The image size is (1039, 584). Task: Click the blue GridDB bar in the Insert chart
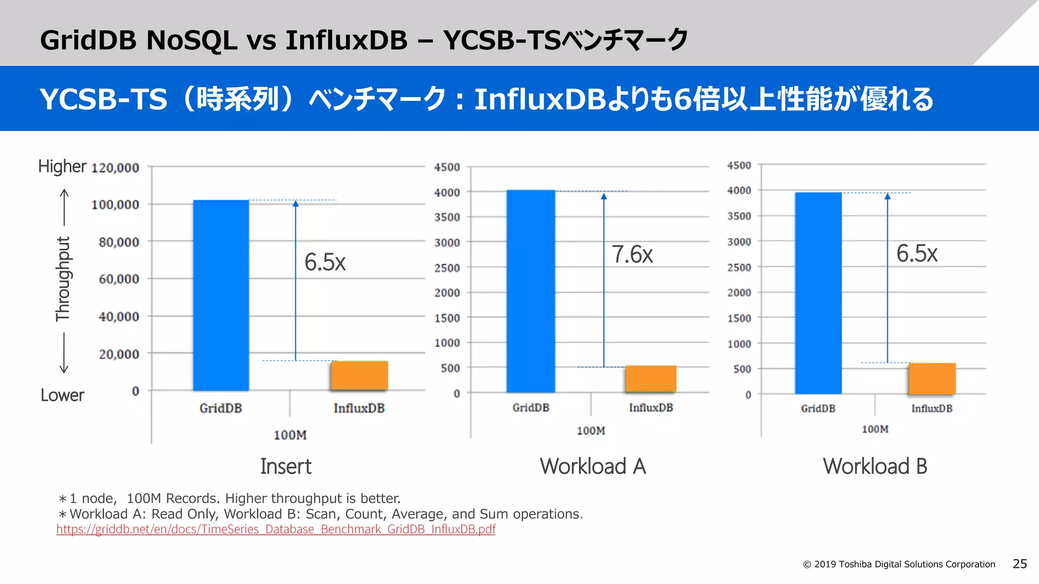pyautogui.click(x=221, y=295)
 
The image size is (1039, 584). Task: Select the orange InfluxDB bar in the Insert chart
pyautogui.click(x=359, y=376)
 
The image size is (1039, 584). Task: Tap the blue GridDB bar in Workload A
pyautogui.click(x=531, y=291)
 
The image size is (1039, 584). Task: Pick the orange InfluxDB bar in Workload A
pyautogui.click(x=651, y=379)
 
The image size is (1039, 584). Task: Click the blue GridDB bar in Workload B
pyautogui.click(x=818, y=293)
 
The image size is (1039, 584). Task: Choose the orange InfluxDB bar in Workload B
pyautogui.click(x=932, y=378)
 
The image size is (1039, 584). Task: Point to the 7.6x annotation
pyautogui.click(x=632, y=254)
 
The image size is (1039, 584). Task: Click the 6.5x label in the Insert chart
pyautogui.click(x=325, y=263)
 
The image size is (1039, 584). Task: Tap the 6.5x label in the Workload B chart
pyautogui.click(x=917, y=253)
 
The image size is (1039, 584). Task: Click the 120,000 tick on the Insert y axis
pyautogui.click(x=115, y=168)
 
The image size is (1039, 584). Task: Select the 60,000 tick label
pyautogui.click(x=119, y=279)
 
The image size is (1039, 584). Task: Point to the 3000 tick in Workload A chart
pyautogui.click(x=447, y=243)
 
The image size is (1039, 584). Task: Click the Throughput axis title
pyautogui.click(x=63, y=279)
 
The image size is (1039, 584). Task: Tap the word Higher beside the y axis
pyautogui.click(x=62, y=166)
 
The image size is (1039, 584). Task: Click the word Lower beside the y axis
pyautogui.click(x=62, y=395)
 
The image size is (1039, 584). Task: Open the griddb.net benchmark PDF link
pyautogui.click(x=275, y=529)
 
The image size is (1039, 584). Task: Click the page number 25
pyautogui.click(x=1019, y=564)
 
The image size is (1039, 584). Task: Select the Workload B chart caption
pyautogui.click(x=875, y=466)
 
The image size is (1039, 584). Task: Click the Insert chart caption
pyautogui.click(x=286, y=466)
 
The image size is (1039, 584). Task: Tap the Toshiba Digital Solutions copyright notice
pyautogui.click(x=899, y=564)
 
